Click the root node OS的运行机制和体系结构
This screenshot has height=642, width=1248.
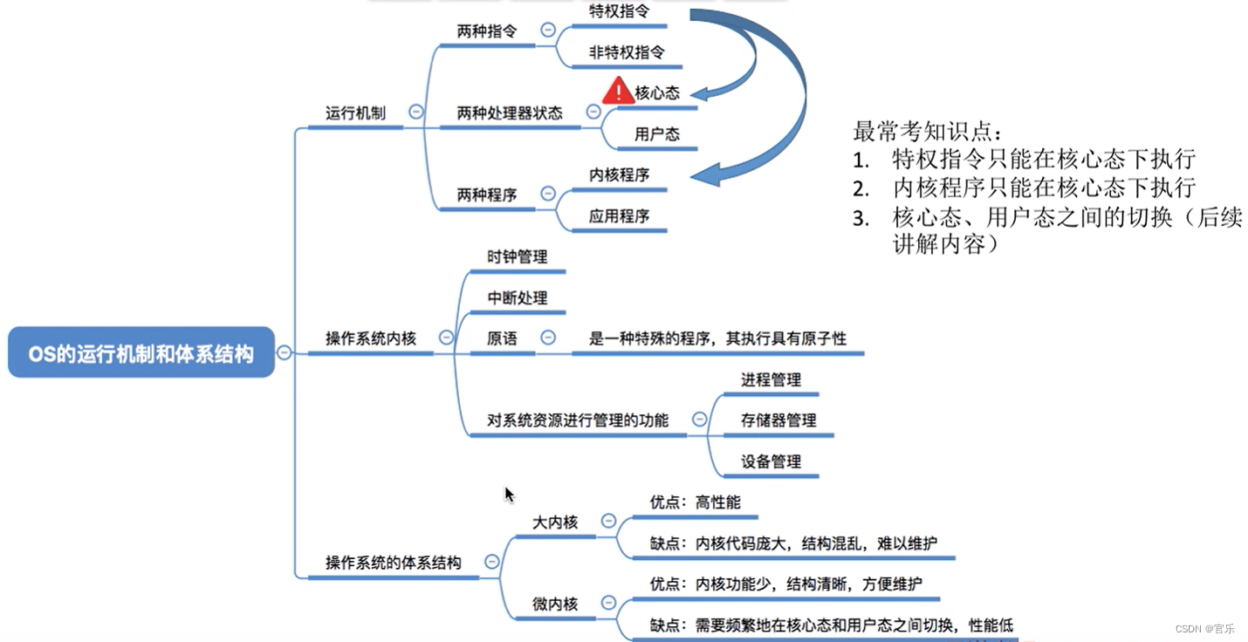141,352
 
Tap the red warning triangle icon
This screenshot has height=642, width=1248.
618,91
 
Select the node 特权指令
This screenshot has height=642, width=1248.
619,10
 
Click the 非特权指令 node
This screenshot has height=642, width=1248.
627,52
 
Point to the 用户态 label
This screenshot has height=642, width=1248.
657,134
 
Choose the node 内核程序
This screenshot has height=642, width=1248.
620,174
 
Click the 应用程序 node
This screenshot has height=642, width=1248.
620,215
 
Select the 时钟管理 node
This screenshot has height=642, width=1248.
518,256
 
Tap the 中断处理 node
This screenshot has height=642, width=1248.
518,297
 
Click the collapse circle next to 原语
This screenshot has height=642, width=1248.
548,338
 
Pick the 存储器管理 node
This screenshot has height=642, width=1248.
778,420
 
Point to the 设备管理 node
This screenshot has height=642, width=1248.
771,461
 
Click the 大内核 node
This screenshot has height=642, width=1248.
555,522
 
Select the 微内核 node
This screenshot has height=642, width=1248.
555,604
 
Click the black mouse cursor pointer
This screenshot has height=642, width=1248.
510,495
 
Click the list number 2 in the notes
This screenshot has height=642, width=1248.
861,188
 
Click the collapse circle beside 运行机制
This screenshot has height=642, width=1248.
416,112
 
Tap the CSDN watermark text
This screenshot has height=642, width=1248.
1204,628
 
